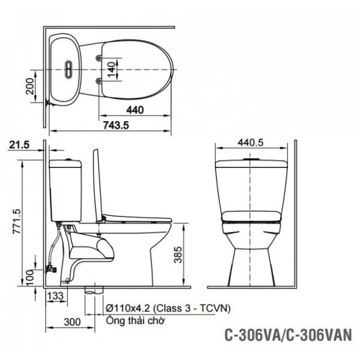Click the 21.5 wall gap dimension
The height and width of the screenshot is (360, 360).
[19, 145]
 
